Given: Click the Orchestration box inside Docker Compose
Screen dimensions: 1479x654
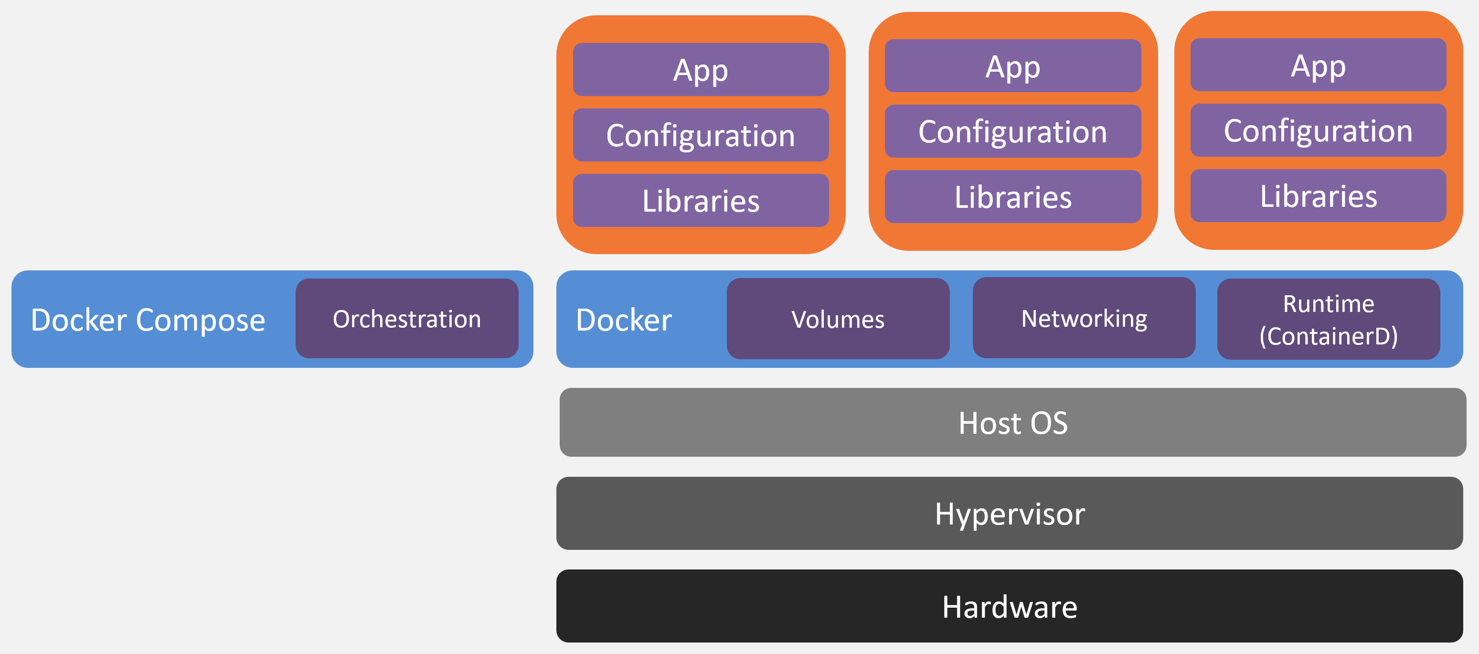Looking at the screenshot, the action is coord(406,319).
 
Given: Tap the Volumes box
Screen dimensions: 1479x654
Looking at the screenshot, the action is coord(838,319).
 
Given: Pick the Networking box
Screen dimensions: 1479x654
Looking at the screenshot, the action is coord(1084,318).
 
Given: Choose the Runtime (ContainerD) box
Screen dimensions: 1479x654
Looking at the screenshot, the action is coord(1329,319).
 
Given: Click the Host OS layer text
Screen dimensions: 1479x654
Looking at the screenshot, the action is coord(1013,423).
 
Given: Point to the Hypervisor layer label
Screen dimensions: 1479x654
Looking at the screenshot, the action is coord(1010,514).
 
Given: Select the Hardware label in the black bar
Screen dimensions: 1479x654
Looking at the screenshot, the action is coord(1010,607).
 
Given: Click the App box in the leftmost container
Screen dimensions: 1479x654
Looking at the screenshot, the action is coord(701,69).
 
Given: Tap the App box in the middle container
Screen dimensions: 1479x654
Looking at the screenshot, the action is coord(1013,65).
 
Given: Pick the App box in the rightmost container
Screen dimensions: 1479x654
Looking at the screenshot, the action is coord(1318,65).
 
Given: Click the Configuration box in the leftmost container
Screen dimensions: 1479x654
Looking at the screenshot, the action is coord(701,135).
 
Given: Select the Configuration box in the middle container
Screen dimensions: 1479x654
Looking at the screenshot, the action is coord(1013,131).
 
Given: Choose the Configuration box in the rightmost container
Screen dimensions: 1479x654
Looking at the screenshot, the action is coord(1318,130).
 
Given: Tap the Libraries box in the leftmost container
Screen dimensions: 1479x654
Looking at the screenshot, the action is coord(701,200).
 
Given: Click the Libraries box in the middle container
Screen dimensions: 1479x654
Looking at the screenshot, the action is coord(1013,196).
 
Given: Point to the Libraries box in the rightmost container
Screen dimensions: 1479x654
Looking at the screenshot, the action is coord(1318,196).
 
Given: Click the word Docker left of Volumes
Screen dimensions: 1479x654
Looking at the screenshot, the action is coord(624,320).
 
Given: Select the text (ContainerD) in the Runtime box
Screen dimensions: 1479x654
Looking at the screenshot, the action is coord(1329,336).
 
